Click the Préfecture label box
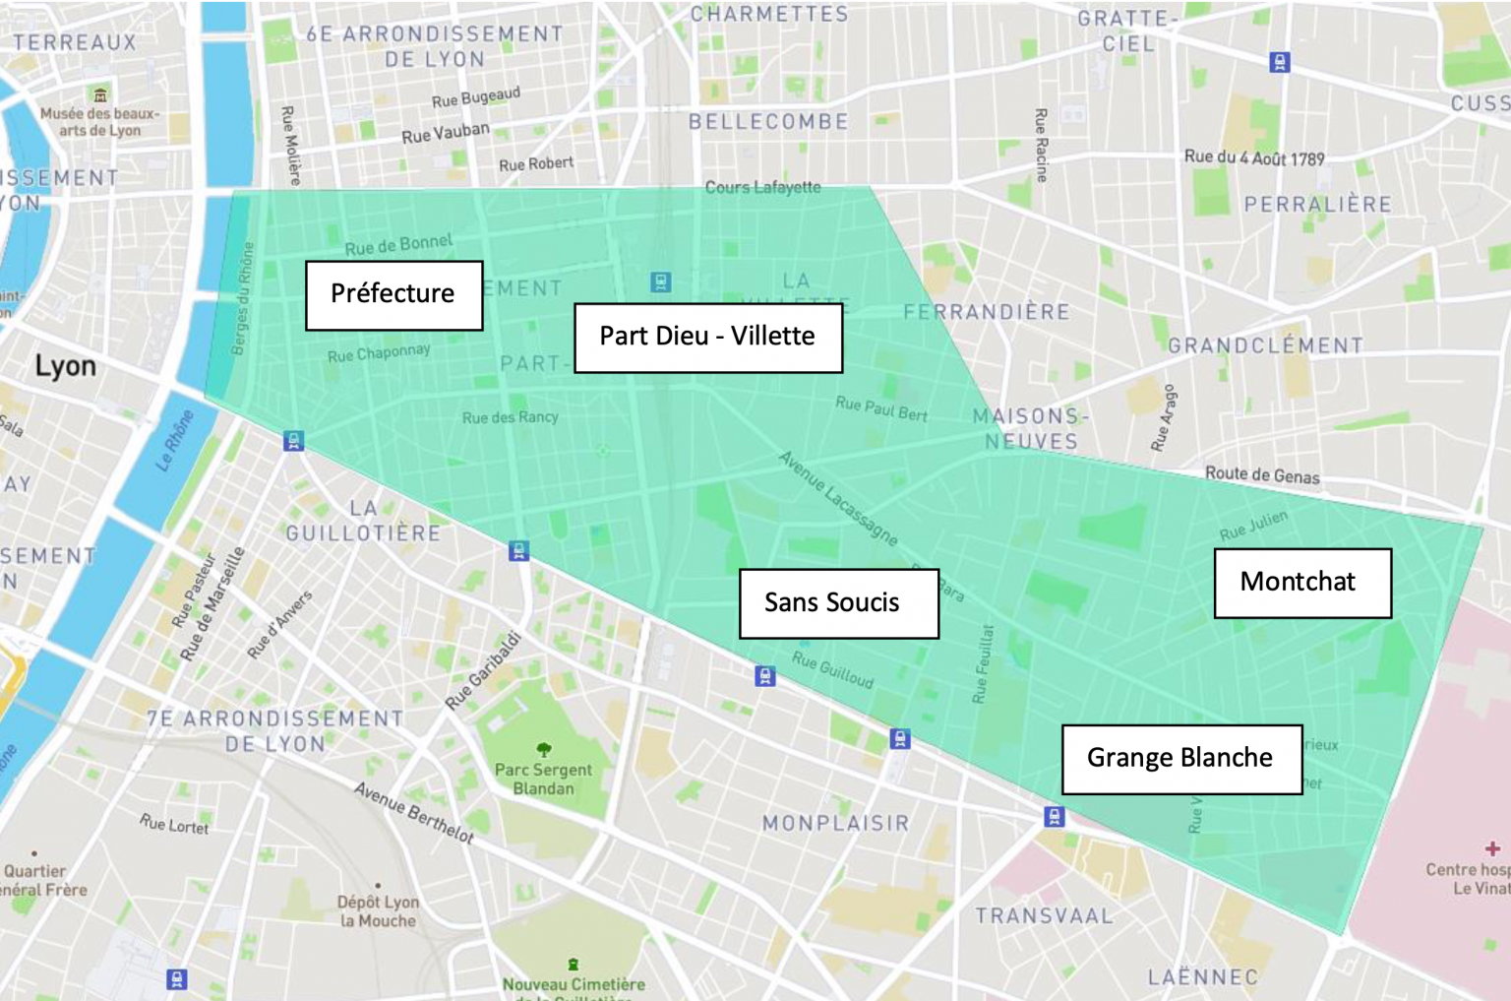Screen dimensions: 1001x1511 coord(393,294)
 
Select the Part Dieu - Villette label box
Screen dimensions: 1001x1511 coord(707,337)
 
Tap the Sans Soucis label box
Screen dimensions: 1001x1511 coord(838,602)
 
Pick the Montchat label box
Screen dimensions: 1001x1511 coord(1301,582)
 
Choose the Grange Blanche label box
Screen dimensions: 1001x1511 coord(1181,758)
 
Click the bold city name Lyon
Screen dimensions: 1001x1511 coord(66,366)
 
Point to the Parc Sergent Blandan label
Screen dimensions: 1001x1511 coord(543,779)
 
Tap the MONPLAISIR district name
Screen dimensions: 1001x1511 coord(836,823)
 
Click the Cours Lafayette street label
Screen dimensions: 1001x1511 coord(762,187)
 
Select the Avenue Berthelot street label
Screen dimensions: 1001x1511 coord(414,813)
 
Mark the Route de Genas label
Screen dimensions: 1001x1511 coord(1262,474)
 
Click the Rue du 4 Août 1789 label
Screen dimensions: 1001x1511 coord(1254,157)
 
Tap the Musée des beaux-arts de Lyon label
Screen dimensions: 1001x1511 coord(98,121)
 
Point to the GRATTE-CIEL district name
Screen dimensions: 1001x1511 coord(1128,31)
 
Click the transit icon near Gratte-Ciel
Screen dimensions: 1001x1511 coord(1279,63)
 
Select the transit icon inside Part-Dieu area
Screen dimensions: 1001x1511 coord(661,282)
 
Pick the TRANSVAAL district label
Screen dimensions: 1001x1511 coord(1044,915)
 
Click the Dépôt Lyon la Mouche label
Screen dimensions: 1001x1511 coord(378,910)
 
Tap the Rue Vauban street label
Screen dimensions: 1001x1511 coord(445,132)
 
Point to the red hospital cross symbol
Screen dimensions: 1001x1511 coord(1492,848)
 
